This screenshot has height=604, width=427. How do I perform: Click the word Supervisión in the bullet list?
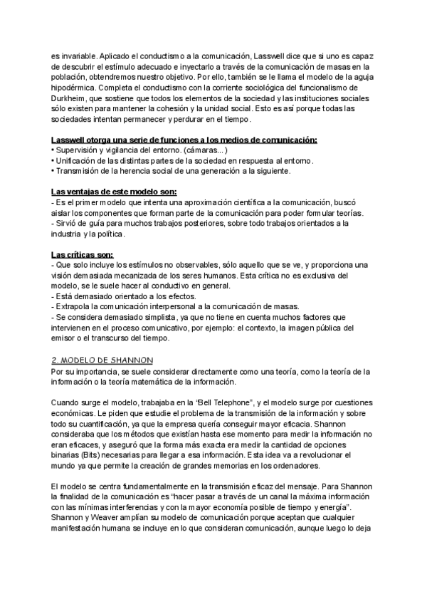coord(80,151)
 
